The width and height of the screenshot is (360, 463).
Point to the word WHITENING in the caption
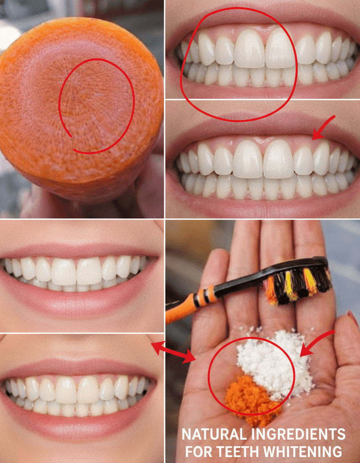click(307, 451)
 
